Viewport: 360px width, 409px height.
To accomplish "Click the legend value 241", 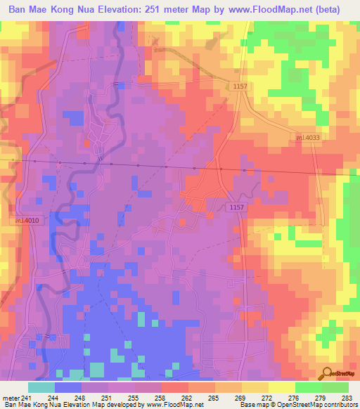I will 27,398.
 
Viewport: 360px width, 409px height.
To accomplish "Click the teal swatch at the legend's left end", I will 41,387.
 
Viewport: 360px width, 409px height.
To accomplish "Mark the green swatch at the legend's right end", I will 335,387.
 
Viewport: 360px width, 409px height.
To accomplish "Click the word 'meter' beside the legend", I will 11,398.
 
